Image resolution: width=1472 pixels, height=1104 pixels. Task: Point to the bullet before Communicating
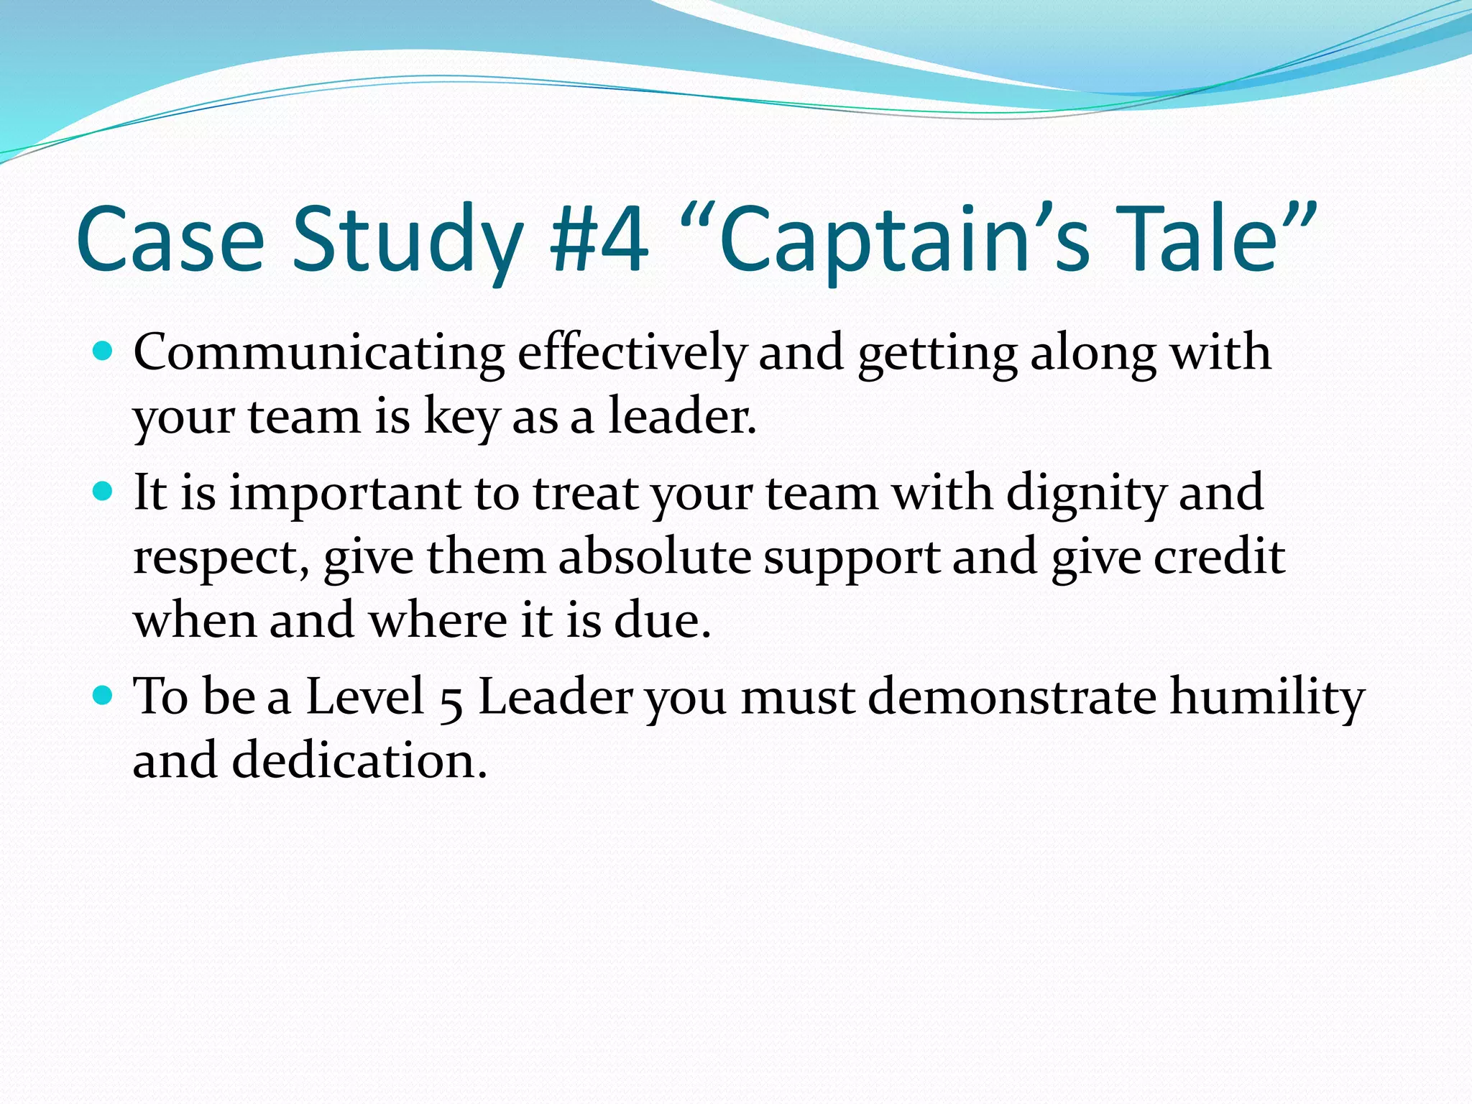(x=103, y=351)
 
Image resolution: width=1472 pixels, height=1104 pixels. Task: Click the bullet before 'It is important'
(x=103, y=492)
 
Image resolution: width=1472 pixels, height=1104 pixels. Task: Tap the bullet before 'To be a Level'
(x=103, y=695)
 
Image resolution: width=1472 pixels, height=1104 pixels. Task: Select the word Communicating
(x=319, y=354)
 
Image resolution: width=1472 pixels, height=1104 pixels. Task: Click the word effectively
(x=631, y=354)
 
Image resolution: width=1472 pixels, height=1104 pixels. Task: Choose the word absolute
(x=655, y=557)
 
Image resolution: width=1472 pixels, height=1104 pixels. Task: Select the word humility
(x=1267, y=697)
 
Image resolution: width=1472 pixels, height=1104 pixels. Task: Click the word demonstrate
(x=1012, y=697)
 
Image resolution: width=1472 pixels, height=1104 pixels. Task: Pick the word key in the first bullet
(x=461, y=418)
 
